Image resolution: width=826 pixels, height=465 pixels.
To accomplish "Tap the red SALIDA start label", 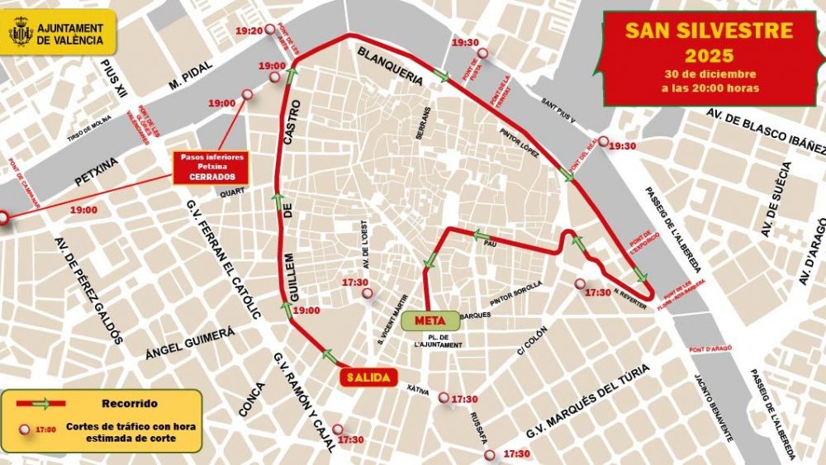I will (x=368, y=377).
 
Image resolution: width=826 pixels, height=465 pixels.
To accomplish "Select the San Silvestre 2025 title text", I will (x=709, y=43).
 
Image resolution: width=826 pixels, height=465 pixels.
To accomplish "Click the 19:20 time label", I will (x=249, y=31).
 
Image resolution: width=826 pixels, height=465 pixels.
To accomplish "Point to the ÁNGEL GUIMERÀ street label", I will (x=190, y=343).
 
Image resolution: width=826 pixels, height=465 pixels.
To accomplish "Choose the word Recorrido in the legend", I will (x=130, y=404).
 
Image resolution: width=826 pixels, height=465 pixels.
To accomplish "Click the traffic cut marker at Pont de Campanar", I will (x=2, y=218).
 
